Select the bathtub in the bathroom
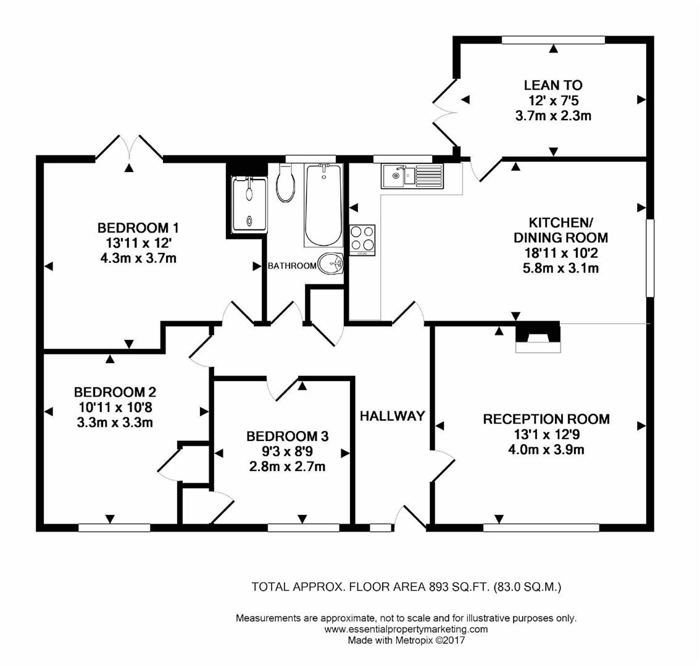[323, 205]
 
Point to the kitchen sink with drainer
[412, 176]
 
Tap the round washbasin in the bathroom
[331, 263]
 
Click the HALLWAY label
[393, 416]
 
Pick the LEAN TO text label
[553, 85]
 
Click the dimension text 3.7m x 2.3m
[553, 115]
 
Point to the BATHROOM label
[292, 266]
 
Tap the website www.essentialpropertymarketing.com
[406, 630]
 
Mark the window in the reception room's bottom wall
[541, 528]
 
